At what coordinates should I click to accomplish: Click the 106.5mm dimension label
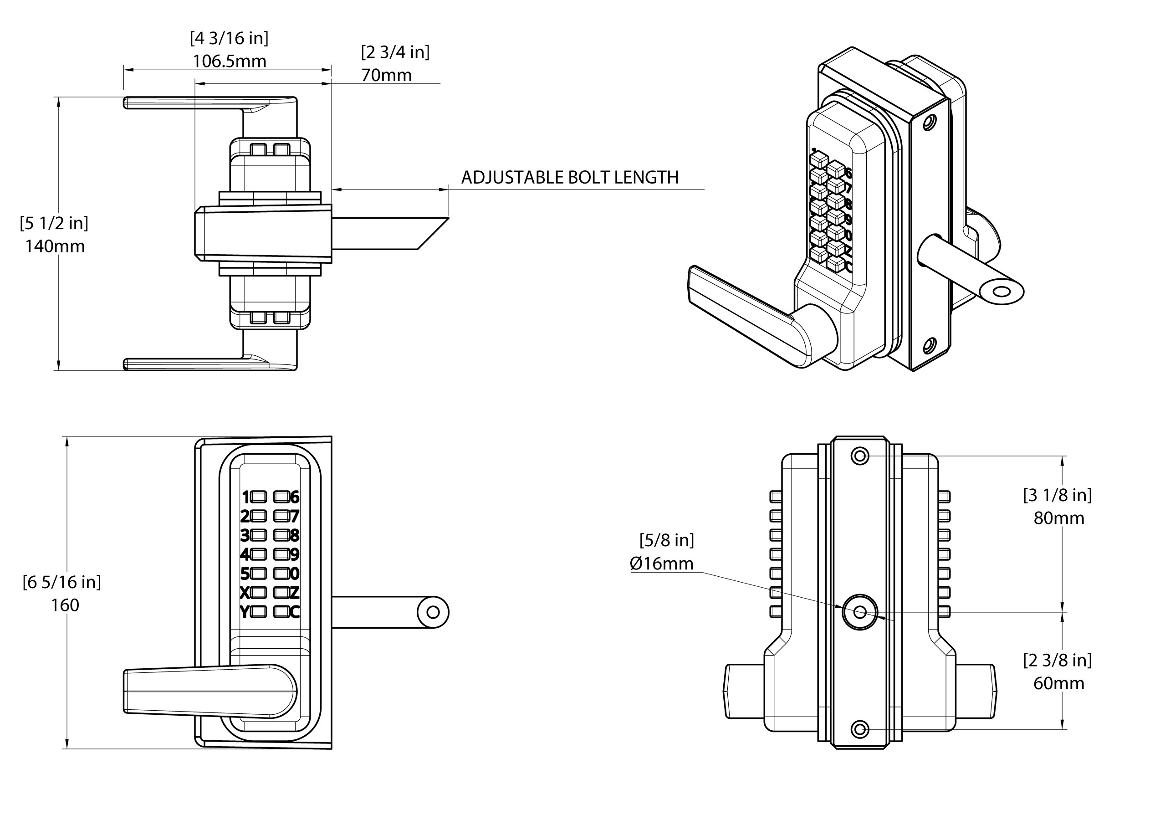coord(230,61)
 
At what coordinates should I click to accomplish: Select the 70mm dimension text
coord(387,75)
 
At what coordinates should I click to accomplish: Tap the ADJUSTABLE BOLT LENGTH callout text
coord(569,177)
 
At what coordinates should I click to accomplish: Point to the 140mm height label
coord(55,246)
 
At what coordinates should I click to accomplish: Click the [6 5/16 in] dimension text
coord(61,582)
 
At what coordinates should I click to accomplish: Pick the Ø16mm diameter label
coord(661,564)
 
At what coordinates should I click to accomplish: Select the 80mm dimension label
coord(1058,518)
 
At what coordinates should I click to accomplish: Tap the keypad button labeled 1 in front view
coord(258,497)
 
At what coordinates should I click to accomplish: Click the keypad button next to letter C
coord(281,612)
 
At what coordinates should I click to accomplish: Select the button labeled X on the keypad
coord(258,593)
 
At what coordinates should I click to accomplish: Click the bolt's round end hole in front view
coord(433,612)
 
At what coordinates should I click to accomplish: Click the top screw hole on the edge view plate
coord(860,456)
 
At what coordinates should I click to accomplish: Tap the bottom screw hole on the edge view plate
coord(860,729)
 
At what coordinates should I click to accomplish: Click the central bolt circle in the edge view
coord(860,612)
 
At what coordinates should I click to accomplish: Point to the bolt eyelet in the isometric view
coord(1001,292)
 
